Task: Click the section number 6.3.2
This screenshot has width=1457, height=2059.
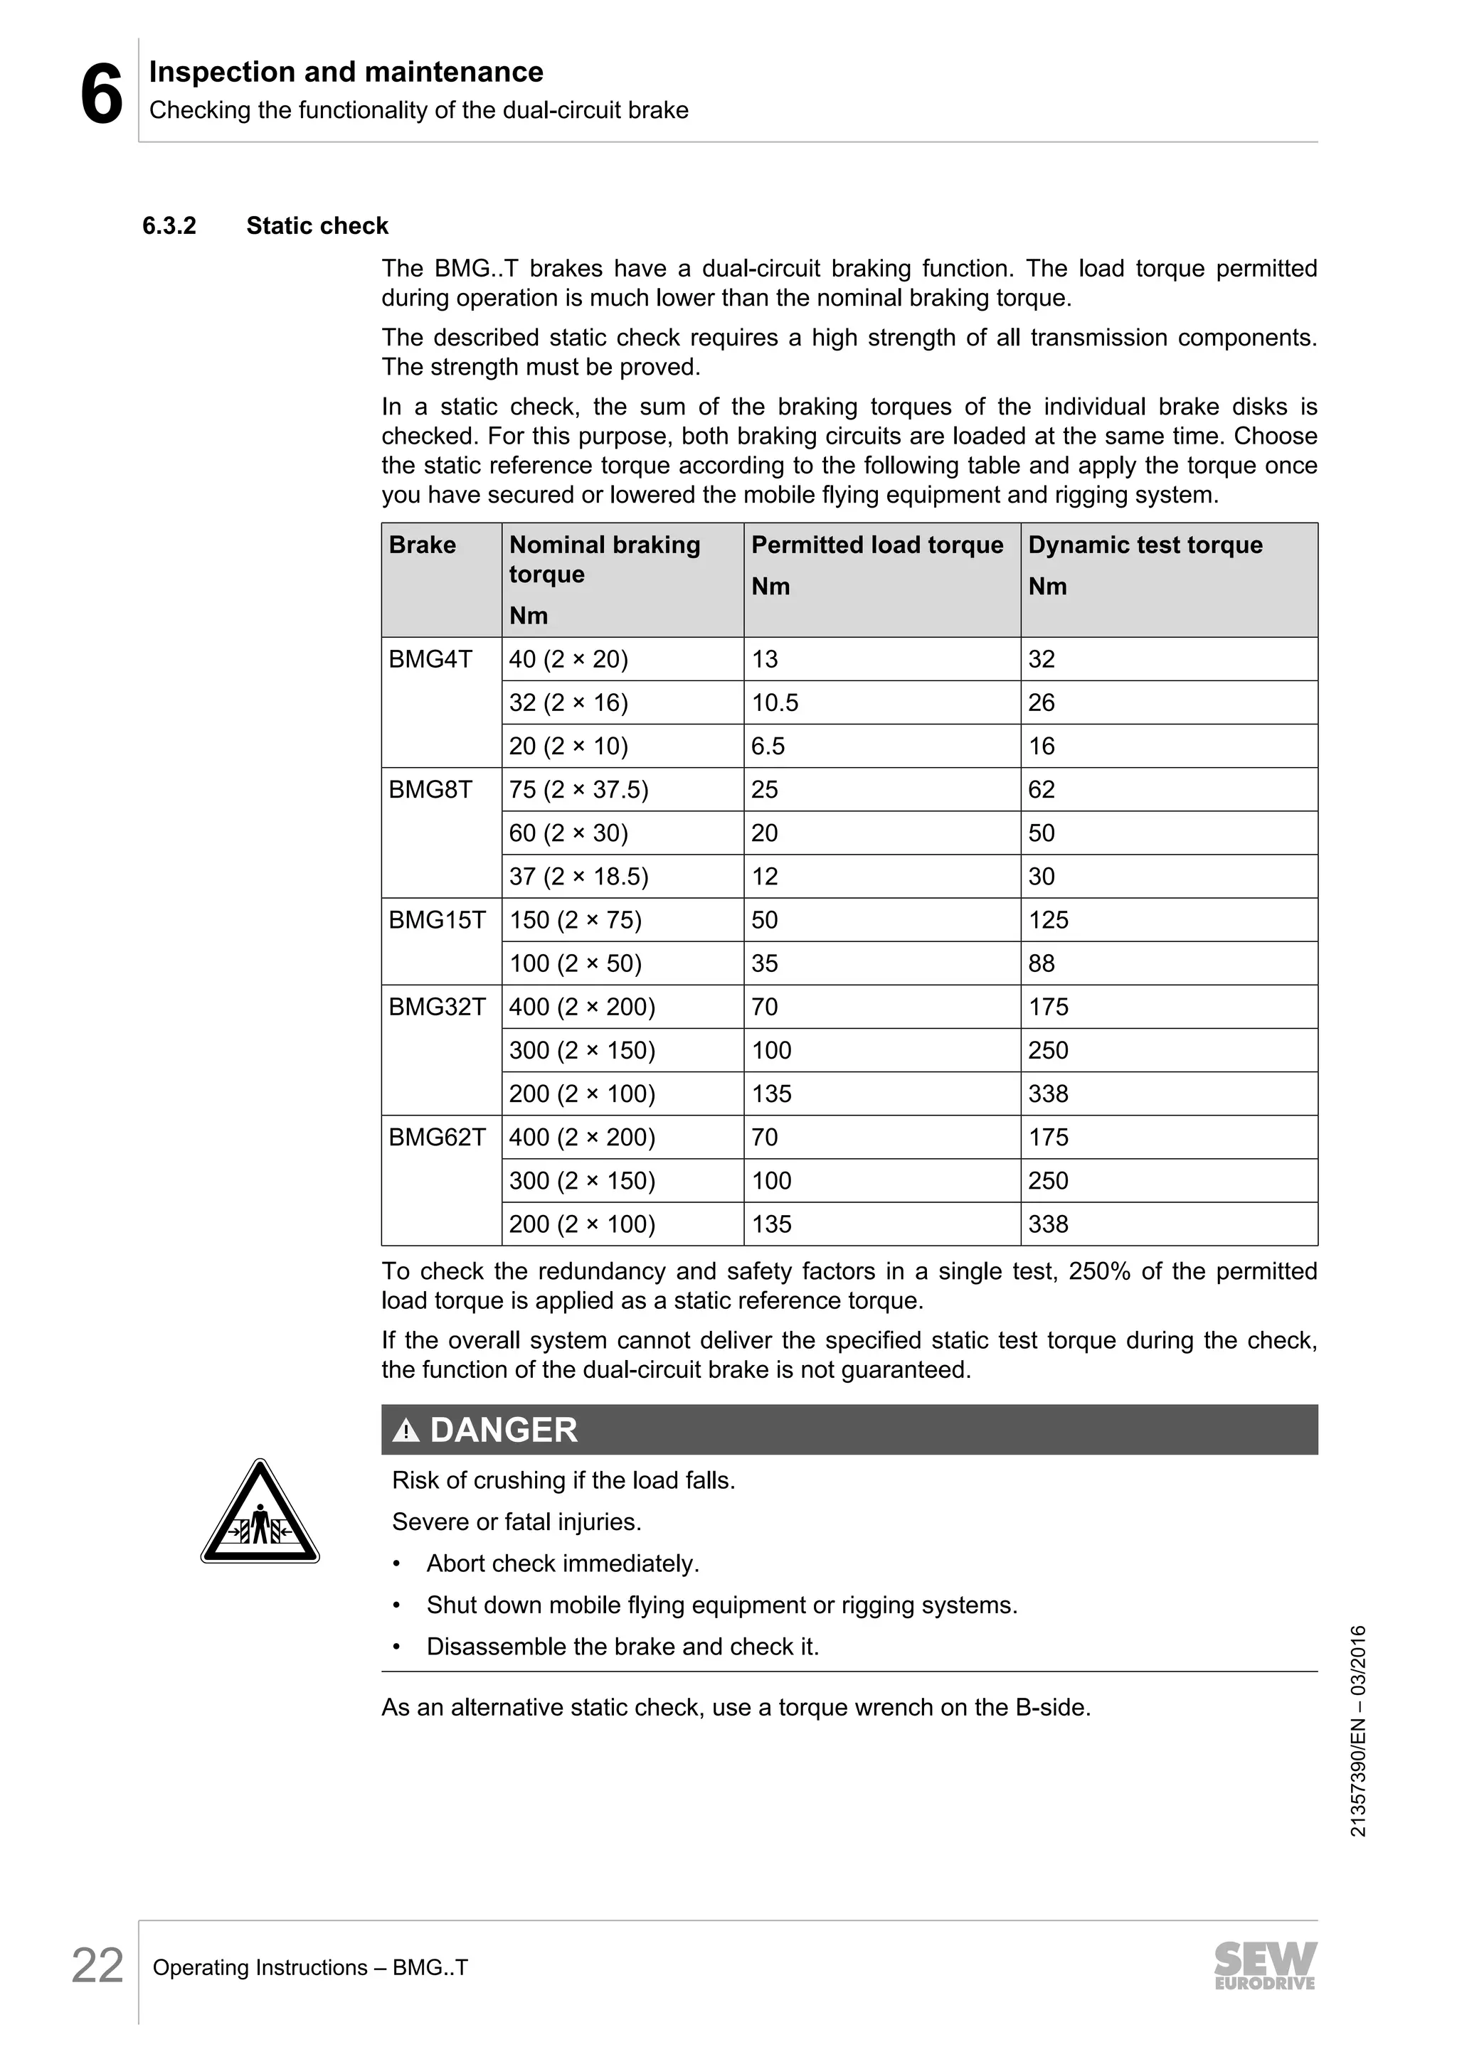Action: coord(169,226)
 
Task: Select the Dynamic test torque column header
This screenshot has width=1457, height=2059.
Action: coord(1145,545)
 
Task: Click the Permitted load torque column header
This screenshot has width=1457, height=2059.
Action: coord(876,545)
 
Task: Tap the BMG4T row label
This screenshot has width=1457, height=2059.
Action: coord(430,659)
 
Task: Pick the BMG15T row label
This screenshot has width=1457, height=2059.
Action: coord(437,920)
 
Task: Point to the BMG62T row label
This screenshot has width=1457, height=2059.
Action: coord(437,1137)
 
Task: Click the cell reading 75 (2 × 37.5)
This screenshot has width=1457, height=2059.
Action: coord(578,790)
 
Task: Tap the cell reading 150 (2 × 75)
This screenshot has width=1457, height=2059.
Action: coord(575,920)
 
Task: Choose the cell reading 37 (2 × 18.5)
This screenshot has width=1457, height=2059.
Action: coord(578,877)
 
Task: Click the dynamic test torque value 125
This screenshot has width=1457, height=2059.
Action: coord(1048,920)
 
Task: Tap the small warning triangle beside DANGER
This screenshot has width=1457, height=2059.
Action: coord(406,1431)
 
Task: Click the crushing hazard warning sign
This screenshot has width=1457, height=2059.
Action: coord(260,1517)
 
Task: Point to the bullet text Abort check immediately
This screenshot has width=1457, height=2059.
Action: coord(563,1564)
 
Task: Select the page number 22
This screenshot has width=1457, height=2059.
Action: coord(97,1967)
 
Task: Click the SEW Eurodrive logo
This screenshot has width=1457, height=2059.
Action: coord(1265,1966)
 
